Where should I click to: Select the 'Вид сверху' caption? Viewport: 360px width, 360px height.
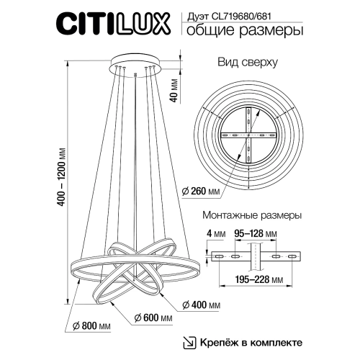pos(248,63)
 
